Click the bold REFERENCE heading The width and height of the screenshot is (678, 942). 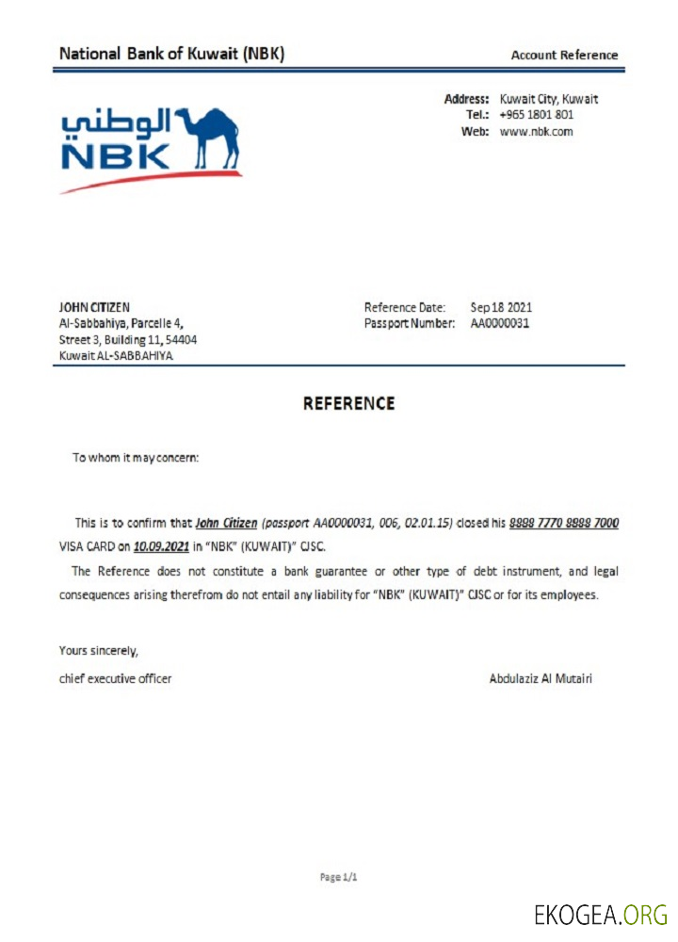point(348,403)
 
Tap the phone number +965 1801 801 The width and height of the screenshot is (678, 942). point(537,115)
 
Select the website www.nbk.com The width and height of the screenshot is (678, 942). point(536,132)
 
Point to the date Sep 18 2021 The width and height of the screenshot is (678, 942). point(501,307)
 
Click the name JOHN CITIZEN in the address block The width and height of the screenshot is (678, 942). point(94,307)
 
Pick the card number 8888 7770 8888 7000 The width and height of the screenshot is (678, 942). point(564,523)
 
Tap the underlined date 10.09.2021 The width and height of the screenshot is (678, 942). point(162,545)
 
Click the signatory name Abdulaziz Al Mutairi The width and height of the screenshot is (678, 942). point(541,678)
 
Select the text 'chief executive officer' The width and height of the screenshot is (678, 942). point(115,678)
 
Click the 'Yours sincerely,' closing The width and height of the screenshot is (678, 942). point(98,650)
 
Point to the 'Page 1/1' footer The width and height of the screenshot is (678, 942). point(339,877)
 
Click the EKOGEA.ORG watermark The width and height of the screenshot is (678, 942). point(600,915)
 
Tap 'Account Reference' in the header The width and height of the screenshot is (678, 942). point(564,55)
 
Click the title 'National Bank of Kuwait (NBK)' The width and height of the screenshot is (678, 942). point(171,54)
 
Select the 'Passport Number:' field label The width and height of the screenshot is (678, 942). point(409,323)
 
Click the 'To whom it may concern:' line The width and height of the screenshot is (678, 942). point(136,459)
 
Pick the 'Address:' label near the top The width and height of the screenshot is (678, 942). point(466,99)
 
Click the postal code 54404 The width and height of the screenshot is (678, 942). point(181,339)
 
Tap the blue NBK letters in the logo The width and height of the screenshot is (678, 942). point(116,156)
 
